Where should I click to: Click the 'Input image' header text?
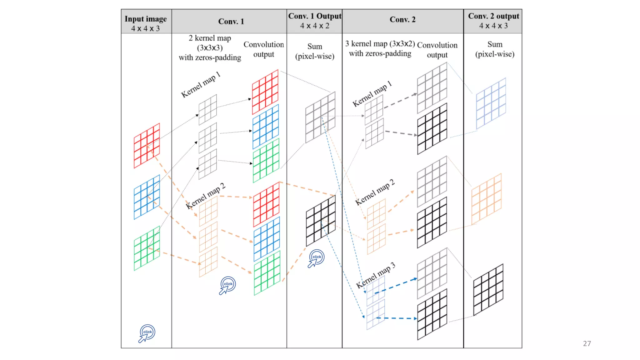click(146, 19)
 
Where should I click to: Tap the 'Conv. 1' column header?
click(231, 21)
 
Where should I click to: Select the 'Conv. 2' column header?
click(402, 19)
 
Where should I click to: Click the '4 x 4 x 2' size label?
click(314, 26)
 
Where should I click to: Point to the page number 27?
click(587, 343)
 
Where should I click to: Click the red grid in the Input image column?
click(147, 146)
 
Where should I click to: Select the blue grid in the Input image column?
click(147, 197)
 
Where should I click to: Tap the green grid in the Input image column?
click(147, 248)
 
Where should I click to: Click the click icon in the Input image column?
click(147, 333)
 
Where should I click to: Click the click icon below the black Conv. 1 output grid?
click(316, 258)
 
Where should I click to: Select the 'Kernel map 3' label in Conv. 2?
click(376, 275)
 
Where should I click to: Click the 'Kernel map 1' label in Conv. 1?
click(201, 85)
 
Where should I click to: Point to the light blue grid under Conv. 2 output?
click(491, 103)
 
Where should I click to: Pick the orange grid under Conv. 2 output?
click(486, 199)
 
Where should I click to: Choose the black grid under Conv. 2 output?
click(488, 289)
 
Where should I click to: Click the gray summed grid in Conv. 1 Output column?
click(320, 117)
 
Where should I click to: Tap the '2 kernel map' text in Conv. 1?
click(210, 38)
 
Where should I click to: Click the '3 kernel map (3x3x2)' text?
click(380, 44)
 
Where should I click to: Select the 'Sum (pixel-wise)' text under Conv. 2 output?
click(495, 49)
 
